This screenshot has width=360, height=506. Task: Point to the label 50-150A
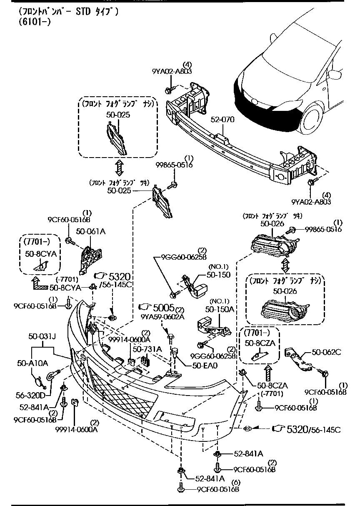(220, 310)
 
